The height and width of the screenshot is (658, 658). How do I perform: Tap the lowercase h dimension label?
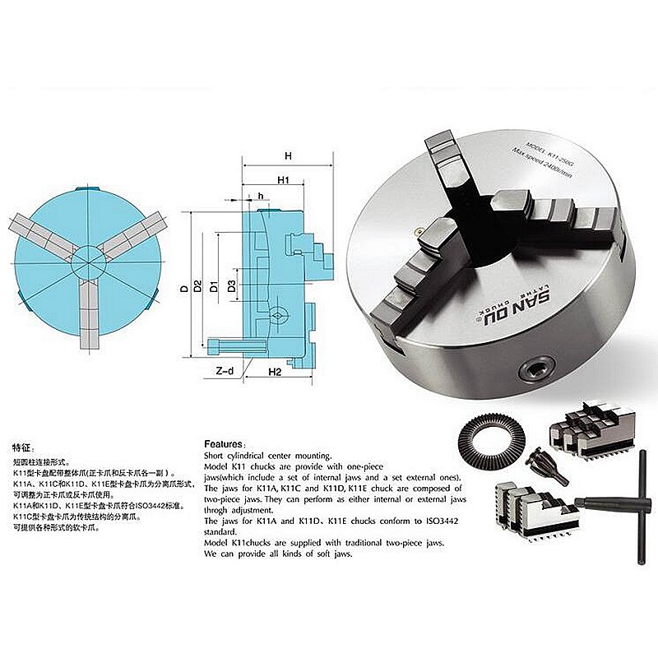click(260, 196)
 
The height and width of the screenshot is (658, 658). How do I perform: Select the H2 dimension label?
click(276, 373)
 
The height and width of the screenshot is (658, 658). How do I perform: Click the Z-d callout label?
click(224, 372)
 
